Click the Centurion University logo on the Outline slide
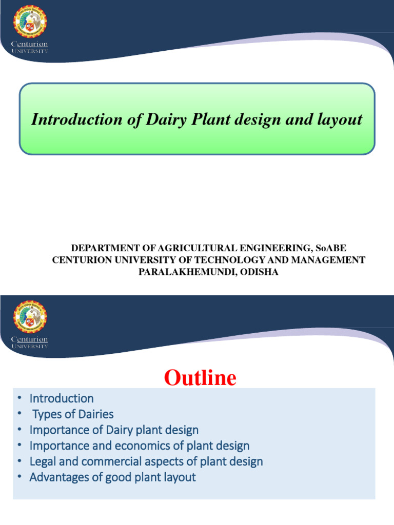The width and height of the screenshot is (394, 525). click(29, 324)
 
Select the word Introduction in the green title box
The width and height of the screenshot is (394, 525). click(73, 119)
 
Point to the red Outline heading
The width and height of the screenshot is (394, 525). click(200, 378)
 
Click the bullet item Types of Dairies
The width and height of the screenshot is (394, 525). click(73, 414)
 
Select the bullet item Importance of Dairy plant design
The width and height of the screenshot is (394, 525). click(114, 430)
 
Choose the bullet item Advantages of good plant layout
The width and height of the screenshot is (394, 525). click(112, 477)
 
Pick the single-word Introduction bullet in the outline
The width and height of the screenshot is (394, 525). click(62, 398)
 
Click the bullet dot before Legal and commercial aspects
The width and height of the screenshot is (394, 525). click(19, 461)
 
